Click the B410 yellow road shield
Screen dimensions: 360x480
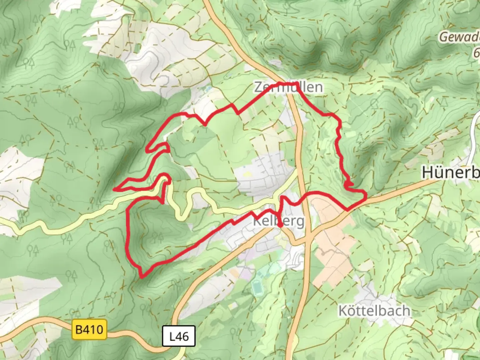coord(89,330)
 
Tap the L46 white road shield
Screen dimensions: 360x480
coord(179,336)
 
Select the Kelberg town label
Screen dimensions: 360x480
coord(279,221)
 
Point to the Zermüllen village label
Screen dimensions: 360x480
coord(289,87)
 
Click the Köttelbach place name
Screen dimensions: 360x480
coord(374,311)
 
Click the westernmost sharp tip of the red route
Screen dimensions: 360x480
coord(115,189)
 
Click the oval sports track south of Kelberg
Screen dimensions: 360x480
coord(257,287)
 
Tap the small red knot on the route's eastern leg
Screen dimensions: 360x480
coord(349,183)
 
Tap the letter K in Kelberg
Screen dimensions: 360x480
coord(257,221)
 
